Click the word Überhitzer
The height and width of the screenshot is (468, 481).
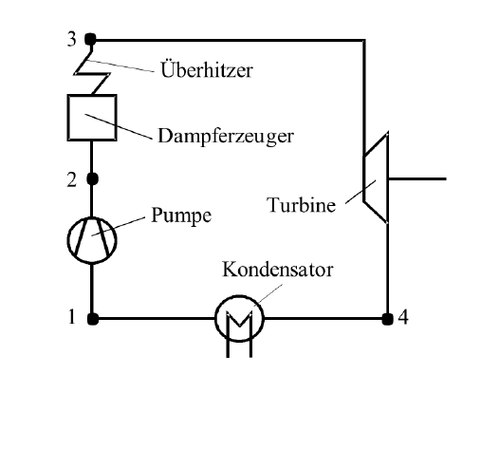[207, 69]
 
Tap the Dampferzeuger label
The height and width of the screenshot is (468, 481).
[226, 137]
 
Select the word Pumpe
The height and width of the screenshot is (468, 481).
[181, 215]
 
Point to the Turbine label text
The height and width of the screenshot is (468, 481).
[301, 204]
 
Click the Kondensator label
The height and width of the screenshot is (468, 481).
[278, 270]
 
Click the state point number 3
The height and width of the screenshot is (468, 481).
[72, 39]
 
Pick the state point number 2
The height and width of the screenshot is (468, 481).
[72, 180]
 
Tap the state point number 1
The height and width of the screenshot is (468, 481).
[72, 317]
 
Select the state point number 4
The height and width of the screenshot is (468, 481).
[403, 317]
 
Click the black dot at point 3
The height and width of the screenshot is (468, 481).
[90, 40]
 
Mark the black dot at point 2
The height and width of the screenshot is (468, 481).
[92, 178]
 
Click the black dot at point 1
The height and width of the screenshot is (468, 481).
[93, 319]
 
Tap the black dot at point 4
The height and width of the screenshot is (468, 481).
[387, 319]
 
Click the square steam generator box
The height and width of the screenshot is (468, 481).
[68, 118]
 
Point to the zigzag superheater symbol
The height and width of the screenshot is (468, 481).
[92, 74]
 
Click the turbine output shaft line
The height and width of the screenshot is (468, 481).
[417, 178]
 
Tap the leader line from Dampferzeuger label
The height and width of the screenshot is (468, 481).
[119, 126]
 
